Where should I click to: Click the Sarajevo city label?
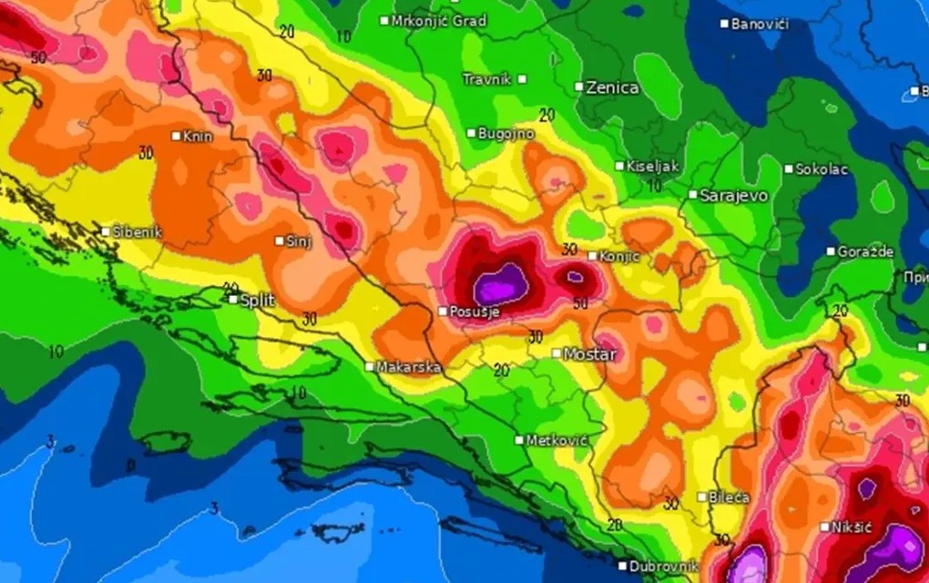(734, 196)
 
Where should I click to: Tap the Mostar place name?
(590, 353)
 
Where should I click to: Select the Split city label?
(257, 299)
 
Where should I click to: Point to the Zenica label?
(612, 88)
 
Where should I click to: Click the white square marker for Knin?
(177, 136)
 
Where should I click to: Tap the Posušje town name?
(475, 312)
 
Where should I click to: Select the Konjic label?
(619, 257)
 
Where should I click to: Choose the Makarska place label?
(409, 367)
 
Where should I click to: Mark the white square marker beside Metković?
(519, 440)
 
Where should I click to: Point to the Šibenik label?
(137, 232)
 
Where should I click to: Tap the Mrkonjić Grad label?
(439, 20)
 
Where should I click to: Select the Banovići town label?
(760, 24)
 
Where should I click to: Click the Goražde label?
(865, 251)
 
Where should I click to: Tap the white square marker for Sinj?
(280, 240)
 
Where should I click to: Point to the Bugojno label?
(506, 134)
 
